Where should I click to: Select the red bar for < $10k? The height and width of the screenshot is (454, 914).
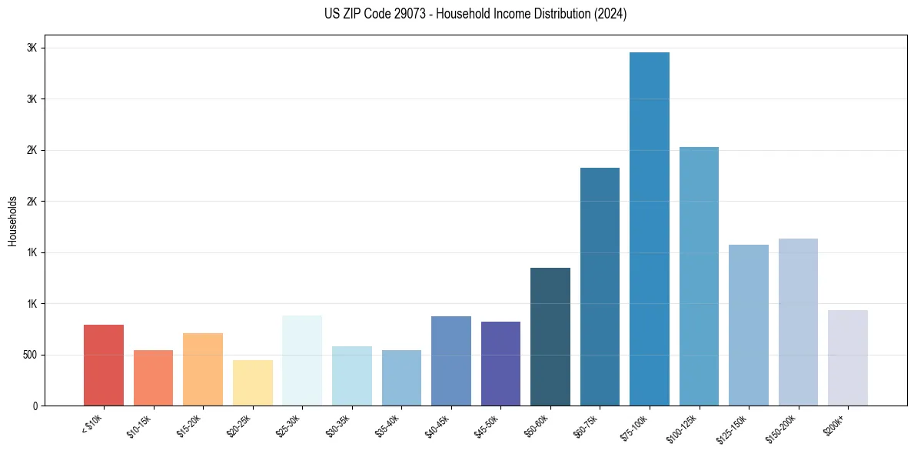104,365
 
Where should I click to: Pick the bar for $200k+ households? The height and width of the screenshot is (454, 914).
848,358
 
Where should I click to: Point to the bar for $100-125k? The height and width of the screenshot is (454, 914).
699,276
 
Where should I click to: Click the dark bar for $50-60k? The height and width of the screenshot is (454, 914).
550,336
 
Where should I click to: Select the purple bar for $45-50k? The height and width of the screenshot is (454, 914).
500,363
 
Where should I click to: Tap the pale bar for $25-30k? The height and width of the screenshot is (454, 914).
302,360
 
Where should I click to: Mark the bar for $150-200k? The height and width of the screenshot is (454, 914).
798,322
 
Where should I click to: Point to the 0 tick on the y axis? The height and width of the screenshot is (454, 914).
35,406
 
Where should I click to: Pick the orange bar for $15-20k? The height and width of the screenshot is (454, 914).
203,369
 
